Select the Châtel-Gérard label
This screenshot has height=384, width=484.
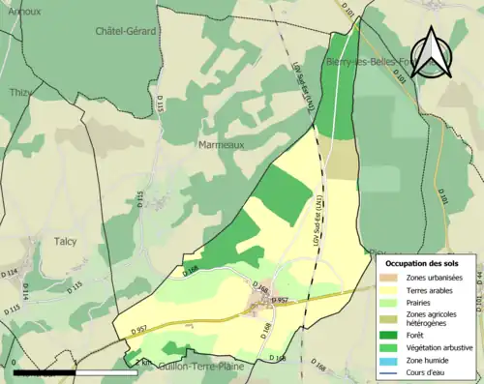pyautogui.click(x=126, y=32)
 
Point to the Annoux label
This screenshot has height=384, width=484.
pyautogui.click(x=22, y=12)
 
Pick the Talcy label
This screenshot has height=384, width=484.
pyautogui.click(x=66, y=241)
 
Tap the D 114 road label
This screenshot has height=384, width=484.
pyautogui.click(x=10, y=274)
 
